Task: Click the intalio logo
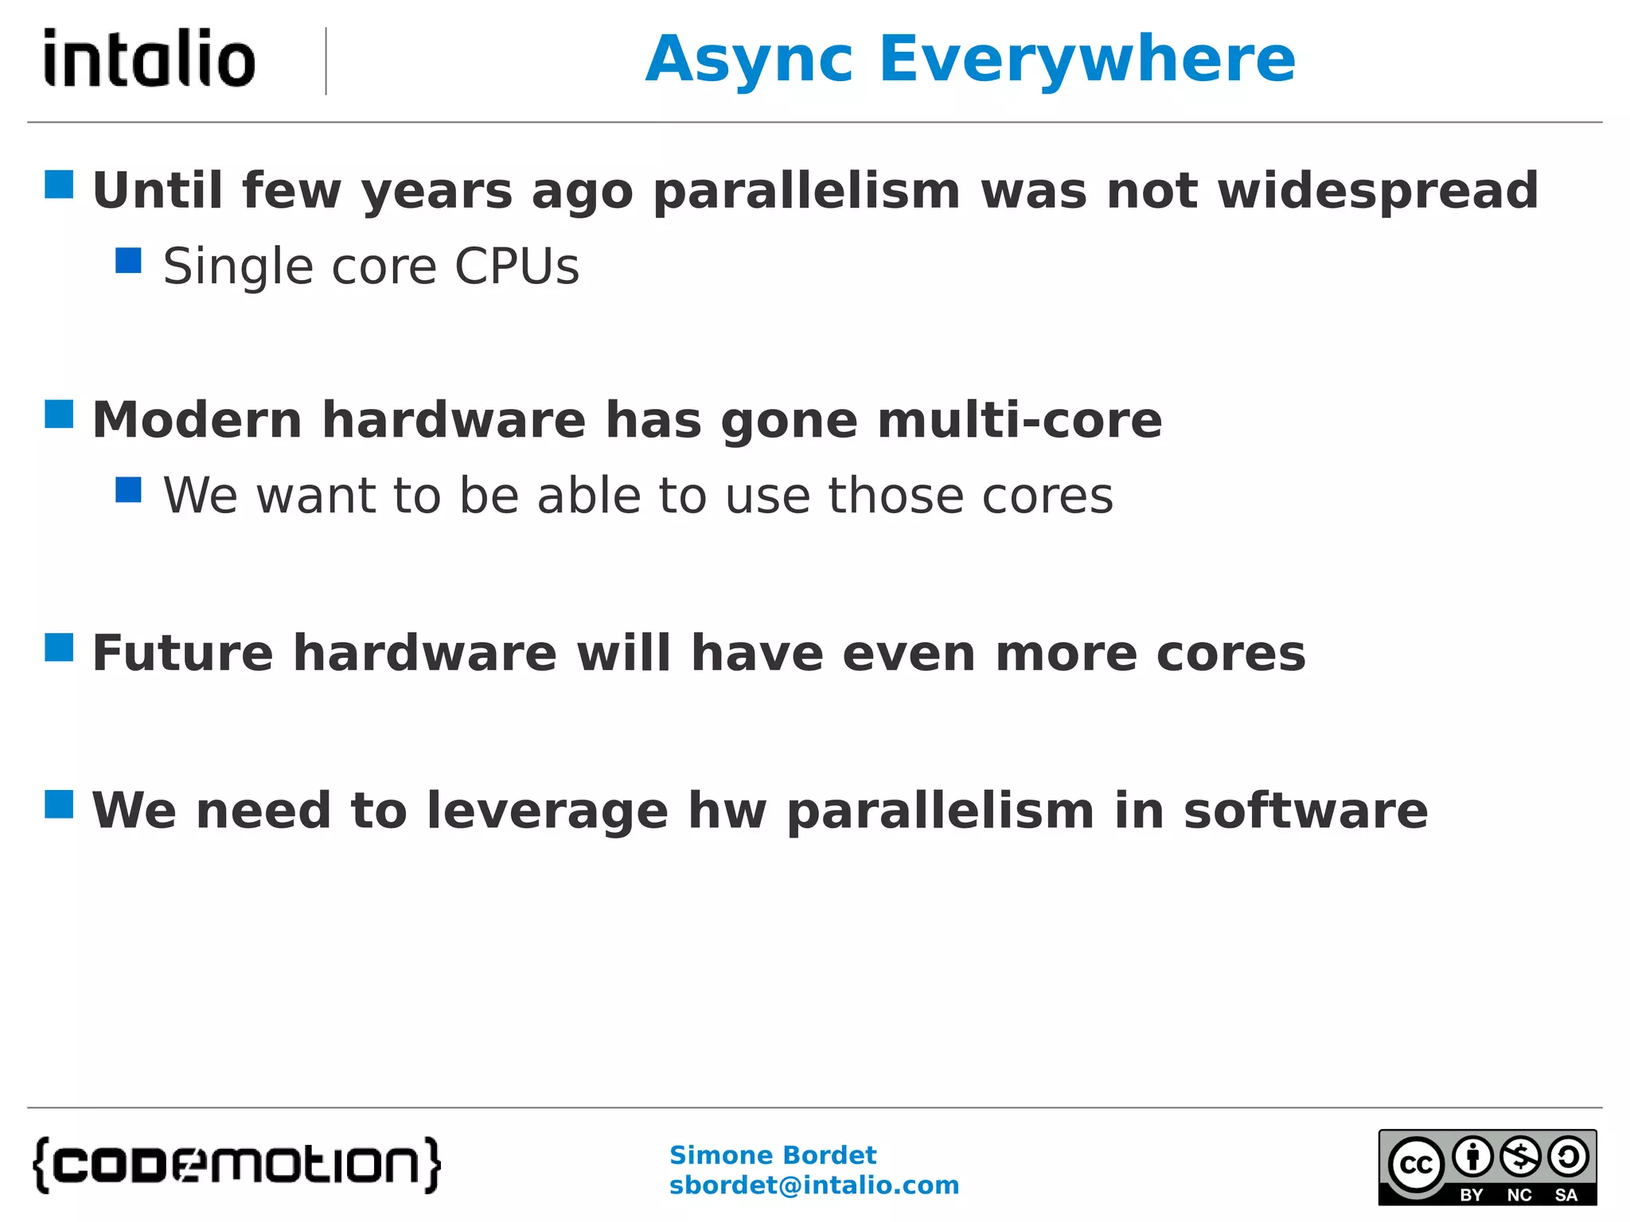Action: (149, 58)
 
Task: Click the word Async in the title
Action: (749, 60)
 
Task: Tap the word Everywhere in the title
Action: (1087, 60)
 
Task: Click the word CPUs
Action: (517, 267)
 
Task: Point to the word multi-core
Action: (1020, 420)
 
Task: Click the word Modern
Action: (197, 420)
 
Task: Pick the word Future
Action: (183, 654)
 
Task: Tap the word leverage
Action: (548, 811)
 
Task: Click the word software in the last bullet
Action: (1305, 811)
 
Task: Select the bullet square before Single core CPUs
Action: (128, 261)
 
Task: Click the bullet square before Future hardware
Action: (59, 648)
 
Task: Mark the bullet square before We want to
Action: (128, 490)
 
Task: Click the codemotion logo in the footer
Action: (236, 1165)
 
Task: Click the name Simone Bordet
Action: (772, 1155)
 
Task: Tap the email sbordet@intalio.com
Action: (813, 1185)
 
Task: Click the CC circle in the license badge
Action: (1416, 1165)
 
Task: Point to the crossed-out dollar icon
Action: (1520, 1157)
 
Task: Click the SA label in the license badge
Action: (1566, 1195)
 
